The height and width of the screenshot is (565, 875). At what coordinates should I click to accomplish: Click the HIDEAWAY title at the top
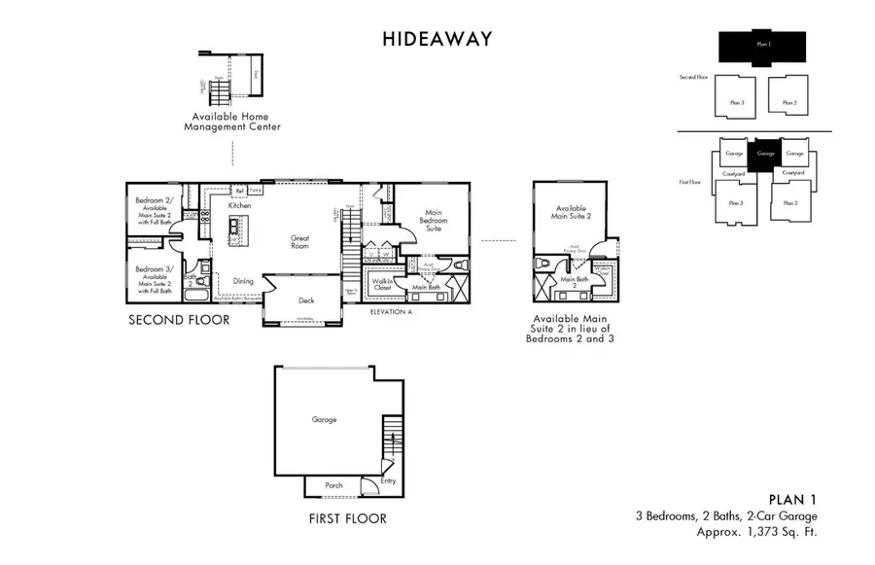pyautogui.click(x=437, y=40)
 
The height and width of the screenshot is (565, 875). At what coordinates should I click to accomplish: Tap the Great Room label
pyautogui.click(x=299, y=242)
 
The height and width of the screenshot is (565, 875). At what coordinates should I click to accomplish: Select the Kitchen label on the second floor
pyautogui.click(x=240, y=206)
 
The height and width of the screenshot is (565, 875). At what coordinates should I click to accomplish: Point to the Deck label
pyautogui.click(x=306, y=300)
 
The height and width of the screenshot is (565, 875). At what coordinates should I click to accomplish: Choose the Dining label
pyautogui.click(x=243, y=281)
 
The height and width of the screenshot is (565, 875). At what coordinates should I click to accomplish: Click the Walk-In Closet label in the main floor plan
pyautogui.click(x=381, y=284)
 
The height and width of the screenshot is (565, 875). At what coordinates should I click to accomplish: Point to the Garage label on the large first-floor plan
pyautogui.click(x=324, y=419)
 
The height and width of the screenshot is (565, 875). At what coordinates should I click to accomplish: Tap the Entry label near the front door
pyautogui.click(x=388, y=480)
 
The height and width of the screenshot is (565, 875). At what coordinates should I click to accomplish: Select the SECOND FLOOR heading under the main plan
pyautogui.click(x=180, y=320)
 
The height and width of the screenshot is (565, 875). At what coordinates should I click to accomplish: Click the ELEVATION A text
pyautogui.click(x=393, y=313)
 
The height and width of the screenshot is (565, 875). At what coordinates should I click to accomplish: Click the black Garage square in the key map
pyautogui.click(x=765, y=154)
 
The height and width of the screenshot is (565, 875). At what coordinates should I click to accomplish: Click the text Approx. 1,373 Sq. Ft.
pyautogui.click(x=757, y=532)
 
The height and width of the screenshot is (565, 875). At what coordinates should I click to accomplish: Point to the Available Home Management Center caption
pyautogui.click(x=233, y=120)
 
